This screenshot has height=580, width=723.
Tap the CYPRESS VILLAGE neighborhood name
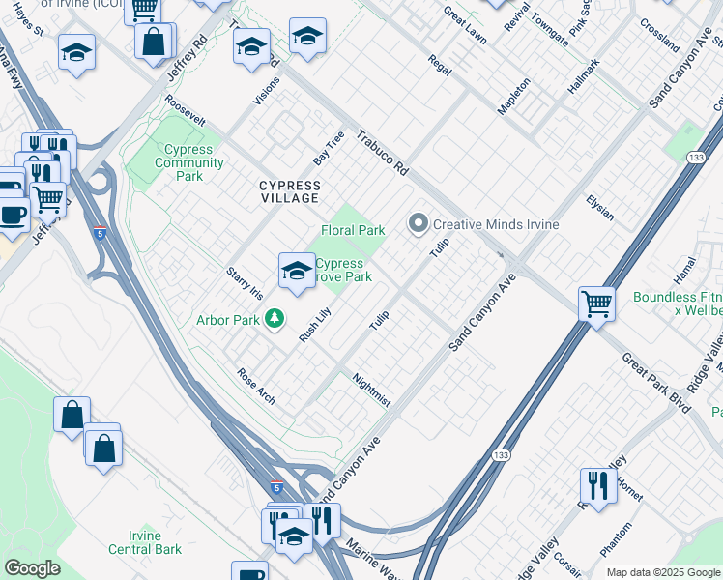[x=289, y=191]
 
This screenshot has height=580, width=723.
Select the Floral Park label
[x=353, y=230]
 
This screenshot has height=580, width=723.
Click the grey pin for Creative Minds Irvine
[x=419, y=223]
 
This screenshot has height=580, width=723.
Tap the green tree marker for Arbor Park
[x=275, y=318]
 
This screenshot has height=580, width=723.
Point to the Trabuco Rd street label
[x=383, y=152]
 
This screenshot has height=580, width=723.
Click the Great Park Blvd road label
[x=657, y=383]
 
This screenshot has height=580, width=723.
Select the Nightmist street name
[x=371, y=390]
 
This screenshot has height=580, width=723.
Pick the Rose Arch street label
[x=256, y=386]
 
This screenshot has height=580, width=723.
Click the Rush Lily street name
[x=315, y=324]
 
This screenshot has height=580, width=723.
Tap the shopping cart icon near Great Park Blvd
[x=597, y=303]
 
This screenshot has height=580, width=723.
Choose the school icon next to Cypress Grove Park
[x=297, y=270]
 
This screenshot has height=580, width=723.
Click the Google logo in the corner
[x=32, y=568]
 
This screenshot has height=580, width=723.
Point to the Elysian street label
[x=599, y=207]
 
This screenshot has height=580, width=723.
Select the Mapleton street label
[x=513, y=97]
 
